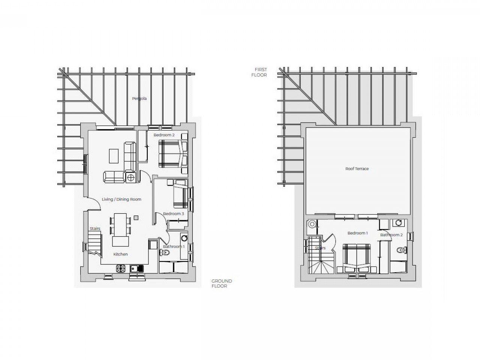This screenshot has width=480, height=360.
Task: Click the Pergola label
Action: pyautogui.click(x=139, y=99)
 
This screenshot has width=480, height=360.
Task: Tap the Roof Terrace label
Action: pyautogui.click(x=357, y=169)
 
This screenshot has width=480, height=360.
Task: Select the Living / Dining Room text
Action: pyautogui.click(x=121, y=199)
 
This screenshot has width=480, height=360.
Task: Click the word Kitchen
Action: pyautogui.click(x=120, y=254)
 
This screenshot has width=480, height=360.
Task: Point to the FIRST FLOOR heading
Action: pyautogui.click(x=259, y=72)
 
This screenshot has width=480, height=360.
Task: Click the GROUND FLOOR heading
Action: pyautogui.click(x=222, y=283)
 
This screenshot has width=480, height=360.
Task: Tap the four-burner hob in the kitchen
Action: pyautogui.click(x=121, y=268)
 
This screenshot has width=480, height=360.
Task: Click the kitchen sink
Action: pyautogui.click(x=137, y=268)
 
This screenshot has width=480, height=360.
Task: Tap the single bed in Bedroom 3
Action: pyautogui.click(x=181, y=194)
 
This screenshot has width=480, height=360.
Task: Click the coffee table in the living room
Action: pyautogui.click(x=114, y=156)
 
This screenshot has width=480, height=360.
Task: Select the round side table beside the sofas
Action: pyautogui.click(x=131, y=178)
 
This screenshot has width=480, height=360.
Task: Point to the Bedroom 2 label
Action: pyautogui.click(x=164, y=135)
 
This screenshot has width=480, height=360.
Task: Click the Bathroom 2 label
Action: pyautogui.click(x=391, y=235)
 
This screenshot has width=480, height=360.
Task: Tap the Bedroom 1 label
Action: pyautogui.click(x=357, y=233)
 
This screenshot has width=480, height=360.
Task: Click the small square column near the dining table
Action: pyautogui.click(x=136, y=218)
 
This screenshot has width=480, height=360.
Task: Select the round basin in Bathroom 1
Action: pyautogui.click(x=184, y=238)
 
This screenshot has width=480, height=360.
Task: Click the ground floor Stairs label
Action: pyautogui.click(x=95, y=229)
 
